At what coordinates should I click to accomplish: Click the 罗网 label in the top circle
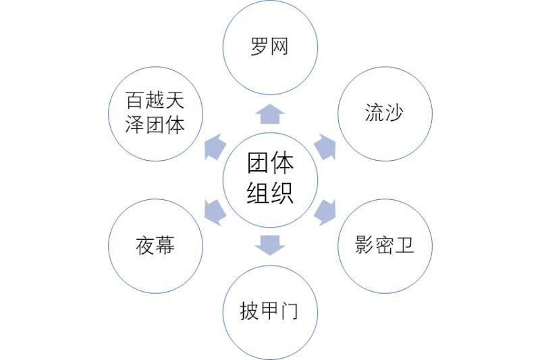[x=269, y=47]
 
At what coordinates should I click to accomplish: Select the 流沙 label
[x=384, y=112]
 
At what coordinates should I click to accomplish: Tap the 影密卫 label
[x=384, y=245]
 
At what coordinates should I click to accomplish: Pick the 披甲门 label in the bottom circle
[x=269, y=311]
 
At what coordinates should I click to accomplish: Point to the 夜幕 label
[x=155, y=245]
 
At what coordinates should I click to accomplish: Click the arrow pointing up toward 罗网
[x=270, y=113]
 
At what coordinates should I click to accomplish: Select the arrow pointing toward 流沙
[x=325, y=147]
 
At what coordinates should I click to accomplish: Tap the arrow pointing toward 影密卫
[x=325, y=213]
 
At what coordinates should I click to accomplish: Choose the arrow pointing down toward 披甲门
[x=270, y=245]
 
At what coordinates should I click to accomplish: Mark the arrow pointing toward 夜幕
[x=215, y=213]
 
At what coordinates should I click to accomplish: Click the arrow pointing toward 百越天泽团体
[x=215, y=147]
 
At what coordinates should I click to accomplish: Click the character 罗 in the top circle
[x=260, y=47]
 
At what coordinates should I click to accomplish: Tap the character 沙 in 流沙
[x=394, y=112]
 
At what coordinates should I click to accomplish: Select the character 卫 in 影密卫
[x=404, y=245]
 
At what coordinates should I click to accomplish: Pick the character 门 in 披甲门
[x=290, y=311]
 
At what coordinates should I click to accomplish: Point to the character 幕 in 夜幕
[x=165, y=245]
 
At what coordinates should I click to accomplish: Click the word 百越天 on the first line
[x=155, y=100]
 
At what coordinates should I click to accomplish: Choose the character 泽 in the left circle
[x=134, y=124]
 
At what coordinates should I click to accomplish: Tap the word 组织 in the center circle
[x=270, y=193]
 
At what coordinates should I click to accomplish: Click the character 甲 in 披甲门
[x=269, y=311]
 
